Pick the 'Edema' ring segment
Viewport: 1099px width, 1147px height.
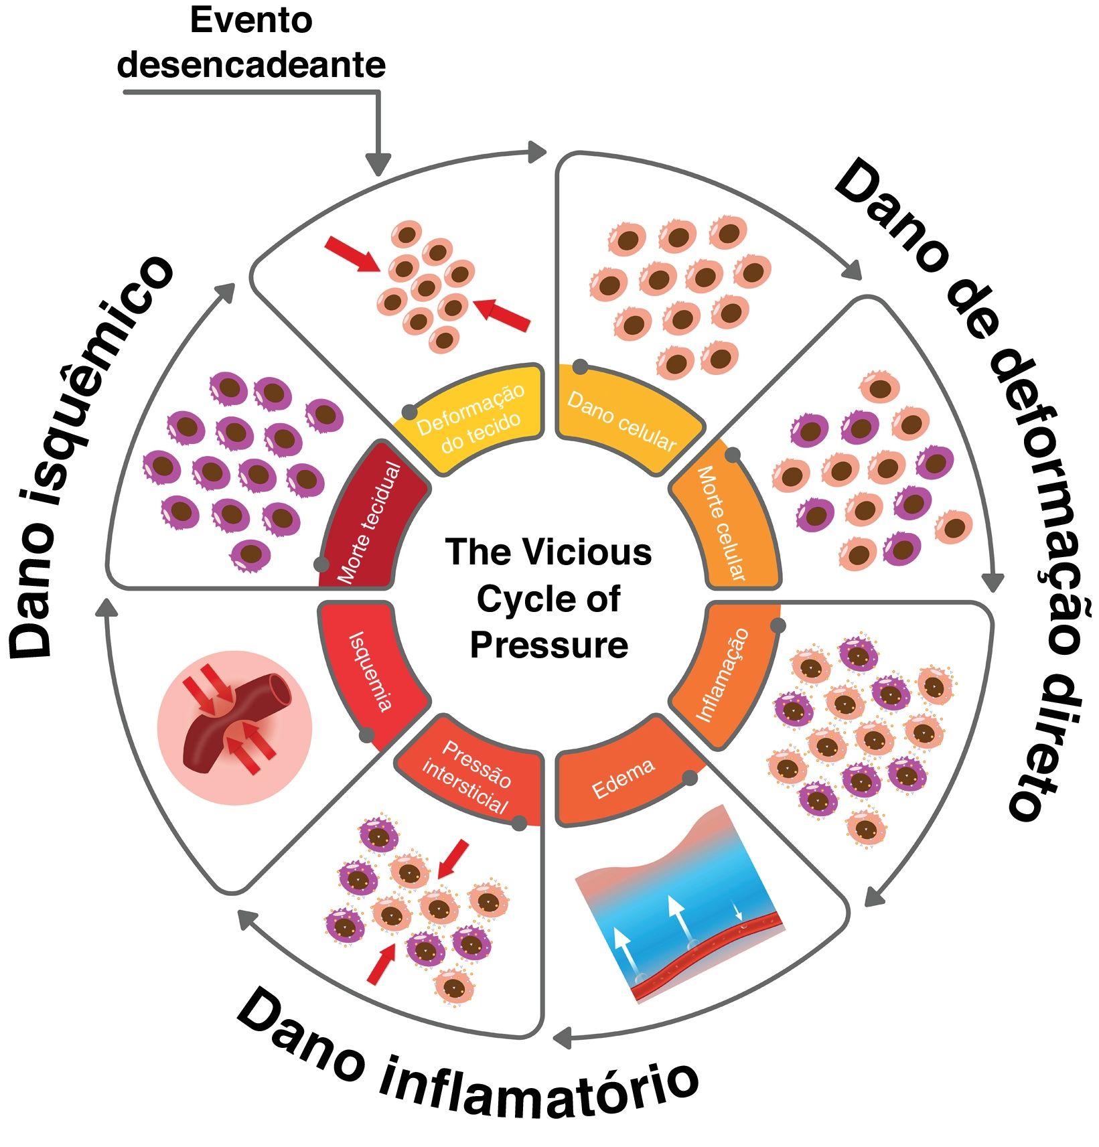pyautogui.click(x=623, y=777)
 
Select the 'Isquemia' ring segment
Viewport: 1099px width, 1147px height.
pyautogui.click(x=372, y=670)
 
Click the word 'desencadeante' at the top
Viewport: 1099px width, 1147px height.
pyautogui.click(x=252, y=66)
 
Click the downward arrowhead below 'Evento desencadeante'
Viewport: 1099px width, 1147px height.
pyautogui.click(x=378, y=163)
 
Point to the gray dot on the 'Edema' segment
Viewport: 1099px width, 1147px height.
pyautogui.click(x=689, y=778)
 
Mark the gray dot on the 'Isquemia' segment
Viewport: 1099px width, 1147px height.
pyautogui.click(x=366, y=735)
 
